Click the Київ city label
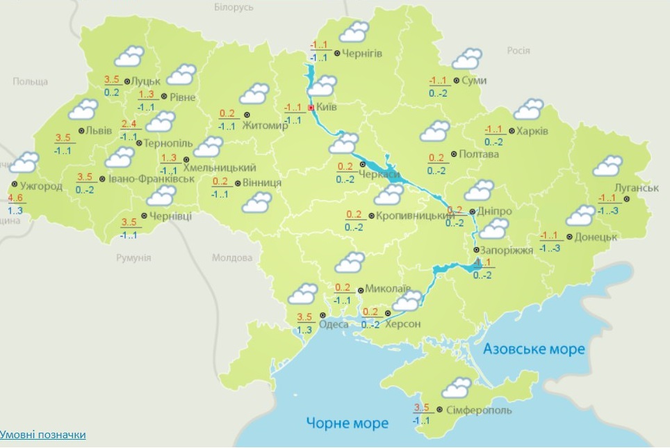click(x=327, y=108)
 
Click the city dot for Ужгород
click(x=15, y=185)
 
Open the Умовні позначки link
click(x=43, y=435)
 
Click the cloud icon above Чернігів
click(x=354, y=32)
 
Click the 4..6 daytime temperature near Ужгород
click(x=15, y=199)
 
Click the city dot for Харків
click(x=512, y=131)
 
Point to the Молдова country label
click(x=231, y=258)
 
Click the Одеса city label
click(x=334, y=323)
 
